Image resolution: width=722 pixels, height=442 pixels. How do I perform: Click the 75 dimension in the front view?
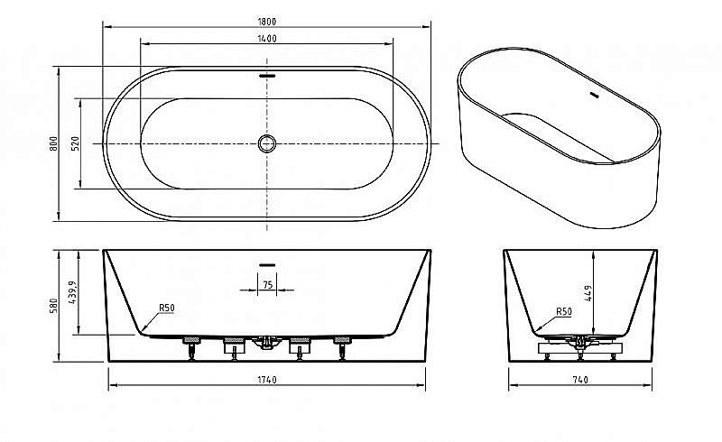point(267,283)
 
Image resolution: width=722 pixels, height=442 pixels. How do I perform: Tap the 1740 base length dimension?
point(267,382)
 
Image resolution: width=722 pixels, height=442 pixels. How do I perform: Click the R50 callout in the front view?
point(166,308)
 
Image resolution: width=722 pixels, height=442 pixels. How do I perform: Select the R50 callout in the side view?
point(564,311)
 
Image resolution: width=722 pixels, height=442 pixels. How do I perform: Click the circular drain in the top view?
point(267,143)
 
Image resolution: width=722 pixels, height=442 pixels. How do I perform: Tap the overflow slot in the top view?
point(267,76)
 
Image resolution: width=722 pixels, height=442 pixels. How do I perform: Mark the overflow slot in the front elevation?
point(267,263)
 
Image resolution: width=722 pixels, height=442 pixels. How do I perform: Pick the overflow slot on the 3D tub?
point(595,93)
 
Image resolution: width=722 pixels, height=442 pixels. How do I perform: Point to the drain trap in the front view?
point(266,343)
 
